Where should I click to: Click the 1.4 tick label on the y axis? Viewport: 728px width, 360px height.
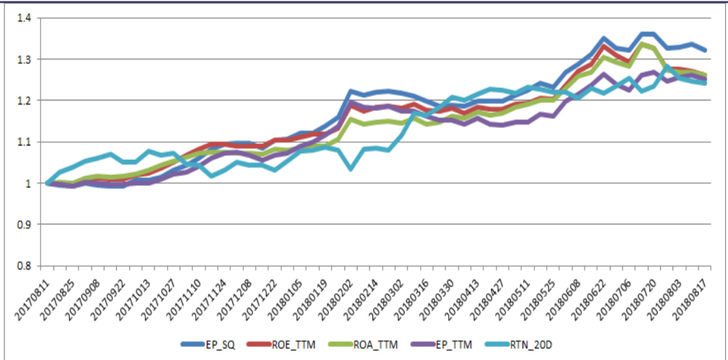[24, 18]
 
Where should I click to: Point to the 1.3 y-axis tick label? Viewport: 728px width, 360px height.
[24, 59]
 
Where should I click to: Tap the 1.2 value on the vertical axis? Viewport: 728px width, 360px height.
[24, 100]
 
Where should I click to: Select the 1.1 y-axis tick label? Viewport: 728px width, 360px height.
[24, 142]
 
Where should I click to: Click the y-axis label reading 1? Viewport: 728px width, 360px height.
[28, 183]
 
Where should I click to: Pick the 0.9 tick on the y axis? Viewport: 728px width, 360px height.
[24, 224]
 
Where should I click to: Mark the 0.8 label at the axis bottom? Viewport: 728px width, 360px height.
[24, 265]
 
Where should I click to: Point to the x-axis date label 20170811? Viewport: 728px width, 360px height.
[33, 293]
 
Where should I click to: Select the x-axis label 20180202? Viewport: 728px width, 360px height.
[337, 293]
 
